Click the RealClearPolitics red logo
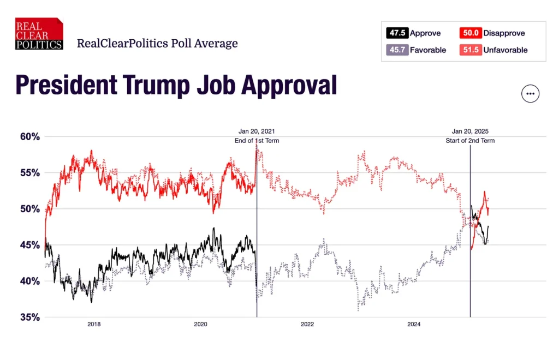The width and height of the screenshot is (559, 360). (x=39, y=34)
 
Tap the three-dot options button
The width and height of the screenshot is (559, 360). (x=530, y=94)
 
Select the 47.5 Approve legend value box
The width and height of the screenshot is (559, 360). (x=397, y=33)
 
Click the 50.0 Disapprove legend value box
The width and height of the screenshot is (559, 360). (x=470, y=33)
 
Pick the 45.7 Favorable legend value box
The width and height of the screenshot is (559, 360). (x=397, y=50)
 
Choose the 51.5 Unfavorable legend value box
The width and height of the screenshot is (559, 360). (x=470, y=50)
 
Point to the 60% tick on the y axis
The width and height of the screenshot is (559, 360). (x=27, y=136)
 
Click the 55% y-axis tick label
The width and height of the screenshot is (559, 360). (x=27, y=172)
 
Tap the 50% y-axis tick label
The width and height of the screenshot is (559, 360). (x=27, y=209)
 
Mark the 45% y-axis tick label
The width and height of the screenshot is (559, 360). (x=27, y=245)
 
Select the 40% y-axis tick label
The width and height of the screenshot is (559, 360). (x=27, y=281)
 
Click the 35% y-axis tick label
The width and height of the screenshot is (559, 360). (x=27, y=317)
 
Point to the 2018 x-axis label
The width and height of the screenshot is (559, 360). (x=94, y=325)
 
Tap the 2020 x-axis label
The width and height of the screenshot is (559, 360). (x=201, y=325)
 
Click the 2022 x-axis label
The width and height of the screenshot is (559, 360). (x=307, y=325)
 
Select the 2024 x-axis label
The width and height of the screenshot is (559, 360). (x=414, y=325)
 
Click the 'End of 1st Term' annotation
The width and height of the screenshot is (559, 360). (x=257, y=141)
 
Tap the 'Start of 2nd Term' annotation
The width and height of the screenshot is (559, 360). (x=470, y=141)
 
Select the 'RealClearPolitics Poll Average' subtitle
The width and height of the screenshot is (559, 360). (x=157, y=43)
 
